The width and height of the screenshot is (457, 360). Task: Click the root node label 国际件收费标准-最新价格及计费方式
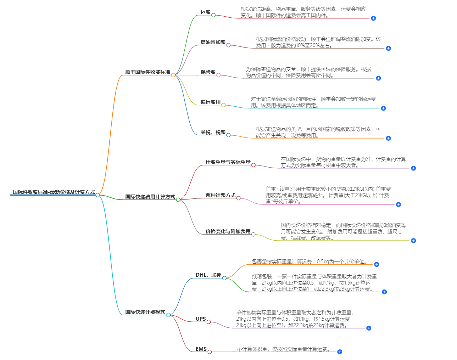[54, 192]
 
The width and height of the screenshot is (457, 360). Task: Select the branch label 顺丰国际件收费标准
[147, 72]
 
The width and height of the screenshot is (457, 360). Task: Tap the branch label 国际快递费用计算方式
[150, 197]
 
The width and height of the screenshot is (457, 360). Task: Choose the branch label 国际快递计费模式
[145, 312]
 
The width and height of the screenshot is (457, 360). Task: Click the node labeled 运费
[205, 12]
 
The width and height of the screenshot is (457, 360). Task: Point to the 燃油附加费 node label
[213, 42]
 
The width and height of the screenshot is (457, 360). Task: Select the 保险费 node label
[208, 72]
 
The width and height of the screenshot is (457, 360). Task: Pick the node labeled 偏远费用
[210, 102]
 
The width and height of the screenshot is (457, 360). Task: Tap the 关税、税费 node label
[213, 132]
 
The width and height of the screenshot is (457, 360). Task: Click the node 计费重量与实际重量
[228, 162]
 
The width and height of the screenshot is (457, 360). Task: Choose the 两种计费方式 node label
[220, 195]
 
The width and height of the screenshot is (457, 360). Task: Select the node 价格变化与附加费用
[228, 231]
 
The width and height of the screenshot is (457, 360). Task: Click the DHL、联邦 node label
[208, 275]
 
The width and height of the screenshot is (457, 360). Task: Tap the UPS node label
[201, 319]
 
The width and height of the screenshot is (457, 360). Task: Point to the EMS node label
[201, 349]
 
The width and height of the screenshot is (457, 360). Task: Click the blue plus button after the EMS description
[340, 352]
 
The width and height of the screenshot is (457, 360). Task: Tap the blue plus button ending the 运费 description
[373, 18]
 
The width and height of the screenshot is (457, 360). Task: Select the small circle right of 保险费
[218, 75]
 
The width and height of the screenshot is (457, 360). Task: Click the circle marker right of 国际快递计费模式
[168, 315]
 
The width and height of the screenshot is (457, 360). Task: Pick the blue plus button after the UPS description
[369, 328]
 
